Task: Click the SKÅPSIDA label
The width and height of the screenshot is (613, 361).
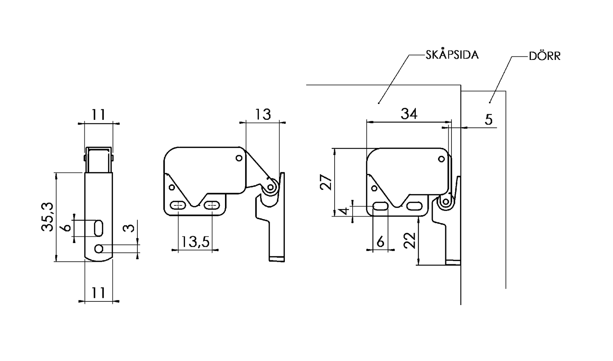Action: point(452,55)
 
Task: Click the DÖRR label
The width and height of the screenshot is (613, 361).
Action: point(544,57)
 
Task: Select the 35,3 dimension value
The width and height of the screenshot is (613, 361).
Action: point(48,217)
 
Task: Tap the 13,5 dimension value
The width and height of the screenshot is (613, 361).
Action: point(195,241)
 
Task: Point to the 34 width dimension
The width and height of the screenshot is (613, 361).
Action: point(409,114)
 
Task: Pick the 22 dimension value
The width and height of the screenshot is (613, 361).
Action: point(410,240)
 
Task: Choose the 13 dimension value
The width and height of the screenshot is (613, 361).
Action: point(263,114)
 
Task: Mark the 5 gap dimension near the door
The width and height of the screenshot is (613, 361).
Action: point(488,119)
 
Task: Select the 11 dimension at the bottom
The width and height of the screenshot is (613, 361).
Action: point(98,292)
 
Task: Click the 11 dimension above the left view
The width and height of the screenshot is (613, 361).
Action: point(98,115)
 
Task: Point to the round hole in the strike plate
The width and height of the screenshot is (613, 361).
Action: point(99,249)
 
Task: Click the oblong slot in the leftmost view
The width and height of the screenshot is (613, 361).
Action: point(98,229)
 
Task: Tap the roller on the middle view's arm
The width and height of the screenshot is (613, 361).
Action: point(271,188)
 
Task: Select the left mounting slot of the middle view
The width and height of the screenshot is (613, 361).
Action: point(178,205)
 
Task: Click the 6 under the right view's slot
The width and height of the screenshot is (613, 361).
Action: point(380,242)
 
